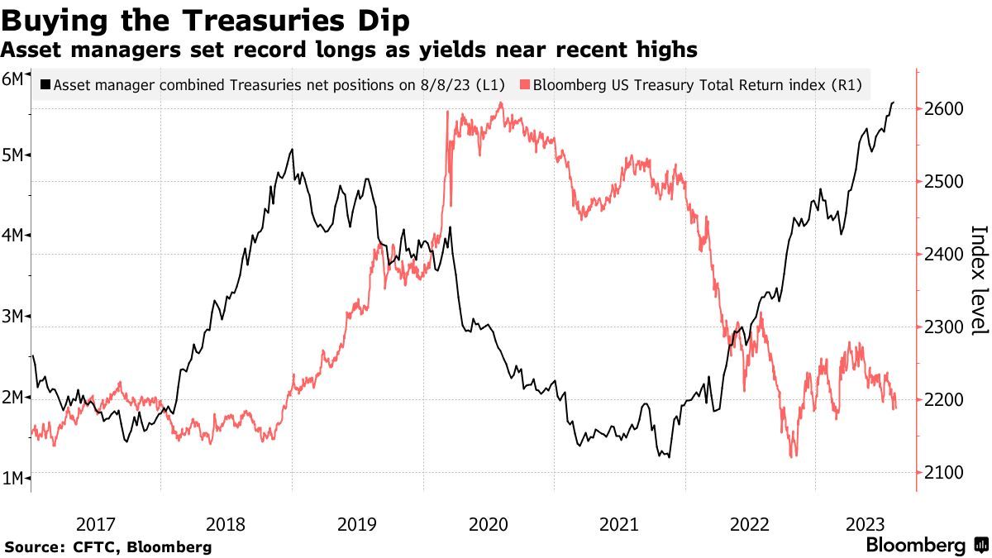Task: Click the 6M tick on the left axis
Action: coord(13,79)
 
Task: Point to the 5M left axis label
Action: coord(13,155)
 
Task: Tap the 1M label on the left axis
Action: coord(13,478)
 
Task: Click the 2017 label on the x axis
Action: coord(95,524)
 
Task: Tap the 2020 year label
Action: coord(488,524)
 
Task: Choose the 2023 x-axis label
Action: coord(866,524)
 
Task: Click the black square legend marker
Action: coord(45,84)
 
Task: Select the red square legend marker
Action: coord(525,84)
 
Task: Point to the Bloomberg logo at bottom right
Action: coord(926,546)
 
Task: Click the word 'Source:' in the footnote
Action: coord(33,547)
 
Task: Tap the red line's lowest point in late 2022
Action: coord(794,456)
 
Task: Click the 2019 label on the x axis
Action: coord(357,524)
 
